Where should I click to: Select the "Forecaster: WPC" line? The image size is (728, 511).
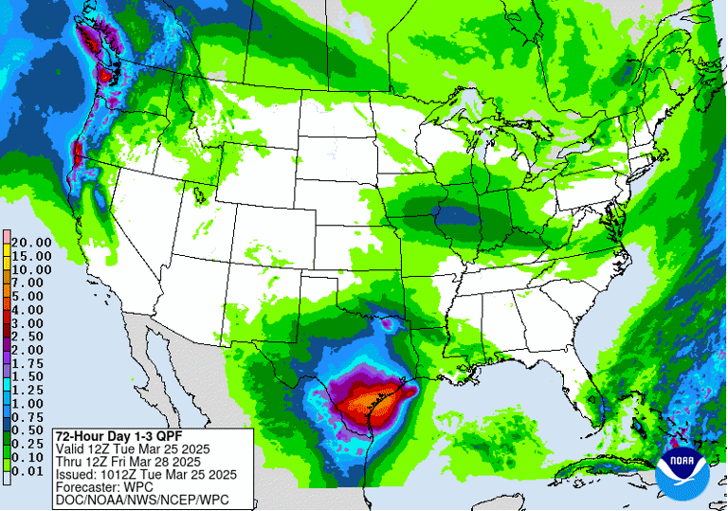(x=105, y=487)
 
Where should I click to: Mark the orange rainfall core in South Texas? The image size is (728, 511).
(x=360, y=406)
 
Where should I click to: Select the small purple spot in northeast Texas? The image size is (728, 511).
(x=387, y=324)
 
